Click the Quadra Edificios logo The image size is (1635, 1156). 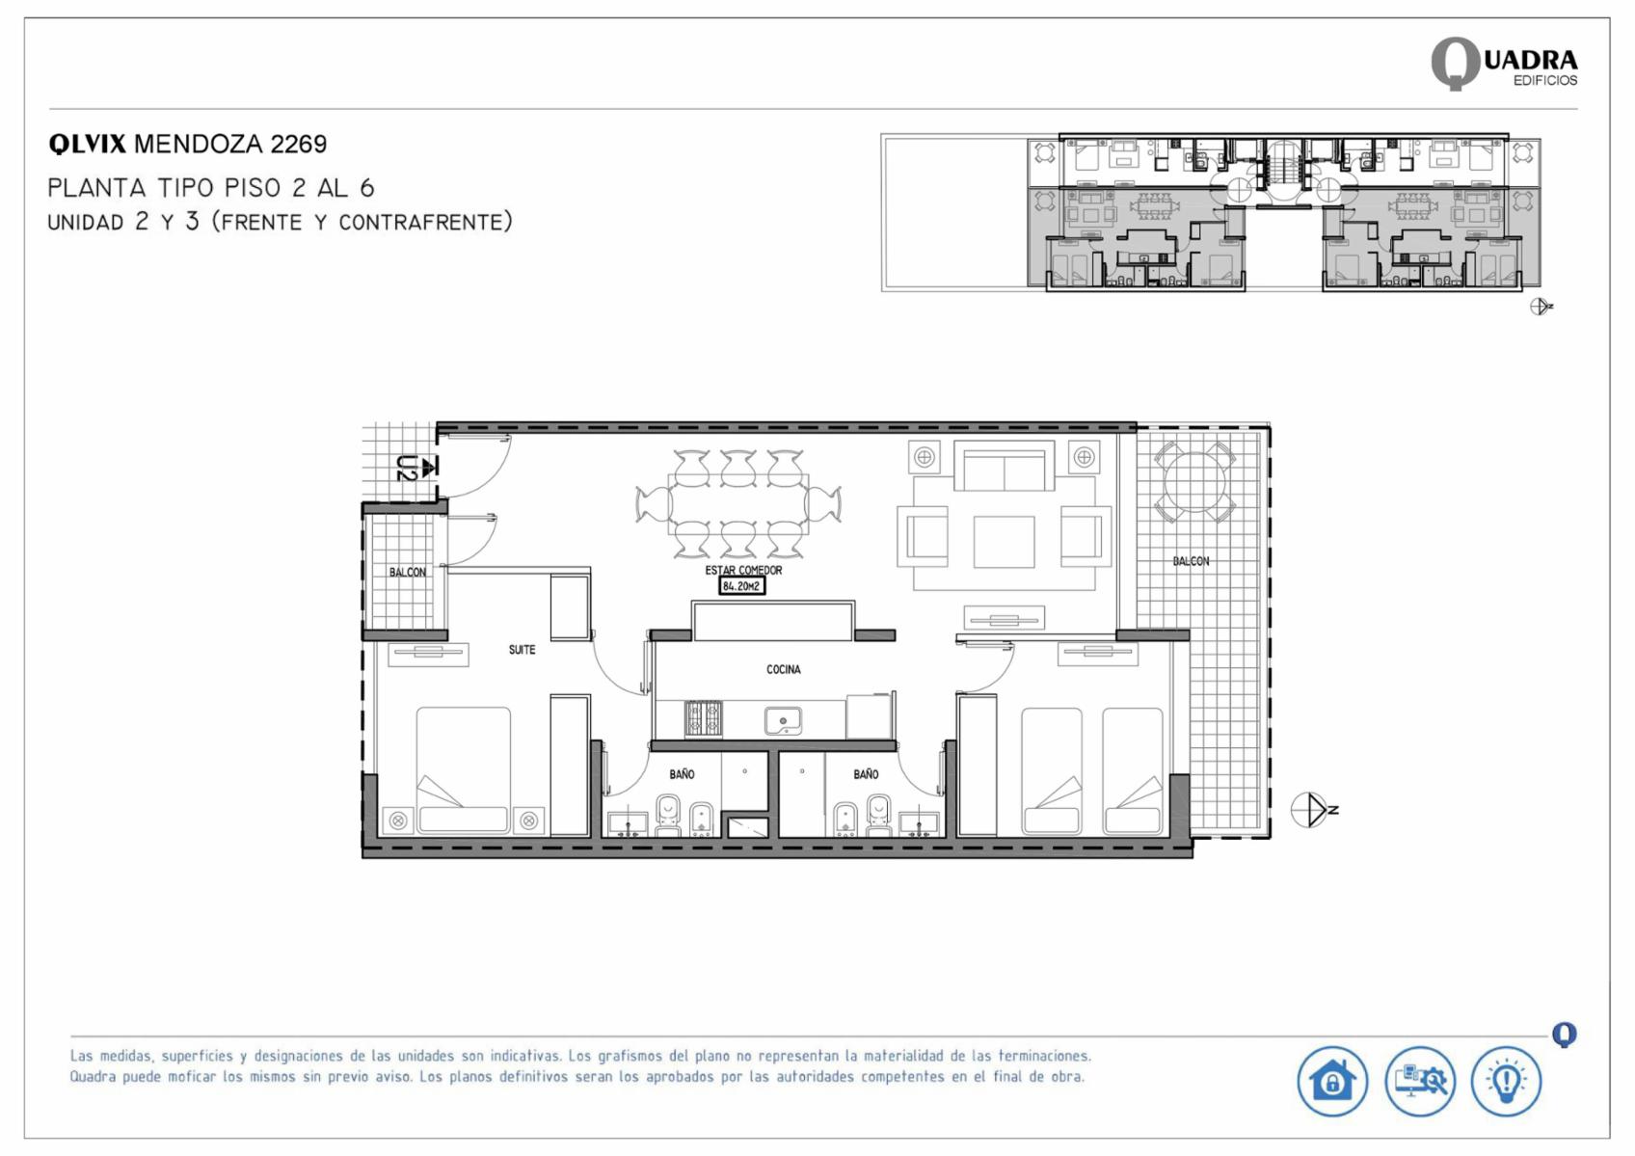pos(1504,65)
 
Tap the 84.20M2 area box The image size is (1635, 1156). pos(741,586)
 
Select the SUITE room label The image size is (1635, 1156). pos(522,650)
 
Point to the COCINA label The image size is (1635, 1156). pos(783,669)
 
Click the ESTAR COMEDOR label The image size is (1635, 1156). pos(743,570)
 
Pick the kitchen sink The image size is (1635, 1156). pos(783,721)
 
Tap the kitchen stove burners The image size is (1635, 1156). pos(703,719)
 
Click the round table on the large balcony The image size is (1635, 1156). pos(1194,482)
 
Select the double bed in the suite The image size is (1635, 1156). pos(464,770)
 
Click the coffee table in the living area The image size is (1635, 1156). pos(1004,542)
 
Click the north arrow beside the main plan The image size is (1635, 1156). pos(1314,810)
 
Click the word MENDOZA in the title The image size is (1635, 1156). pos(199,144)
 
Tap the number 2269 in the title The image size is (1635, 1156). pos(299,144)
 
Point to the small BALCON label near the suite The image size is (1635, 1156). pos(407,572)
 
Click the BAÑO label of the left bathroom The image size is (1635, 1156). pos(682,773)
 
